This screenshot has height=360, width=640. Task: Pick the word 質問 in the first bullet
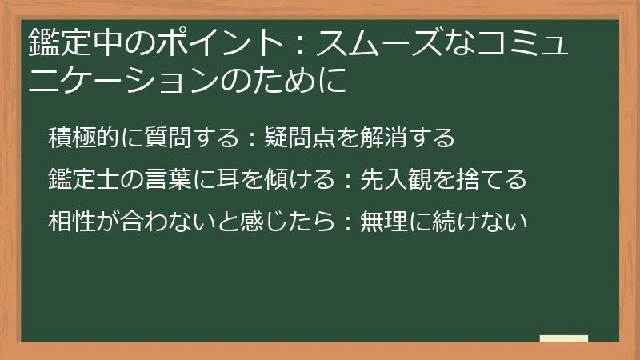(x=165, y=138)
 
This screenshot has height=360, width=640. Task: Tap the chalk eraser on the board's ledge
(x=563, y=339)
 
